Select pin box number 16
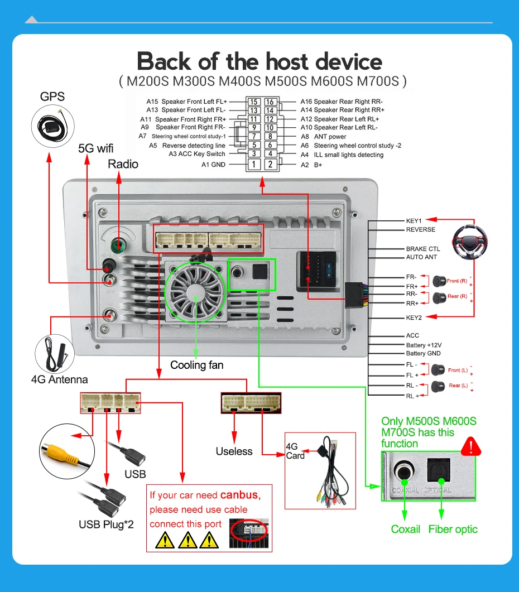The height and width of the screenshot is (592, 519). [x=270, y=102]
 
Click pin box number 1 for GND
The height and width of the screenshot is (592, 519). [x=254, y=165]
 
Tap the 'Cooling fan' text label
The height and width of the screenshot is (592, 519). [x=196, y=365]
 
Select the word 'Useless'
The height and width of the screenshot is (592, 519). [x=234, y=451]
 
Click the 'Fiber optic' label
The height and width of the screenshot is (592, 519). [x=453, y=529]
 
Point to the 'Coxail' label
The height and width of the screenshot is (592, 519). [x=406, y=529]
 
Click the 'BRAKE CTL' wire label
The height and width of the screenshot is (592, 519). [x=422, y=249]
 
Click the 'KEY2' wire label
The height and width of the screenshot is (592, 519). [x=414, y=317]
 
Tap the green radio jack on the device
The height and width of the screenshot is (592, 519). [x=118, y=245]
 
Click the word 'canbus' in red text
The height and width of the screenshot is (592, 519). [x=240, y=494]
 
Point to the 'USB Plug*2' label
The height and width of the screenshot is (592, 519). [x=106, y=524]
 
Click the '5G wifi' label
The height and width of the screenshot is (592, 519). [x=95, y=148]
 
